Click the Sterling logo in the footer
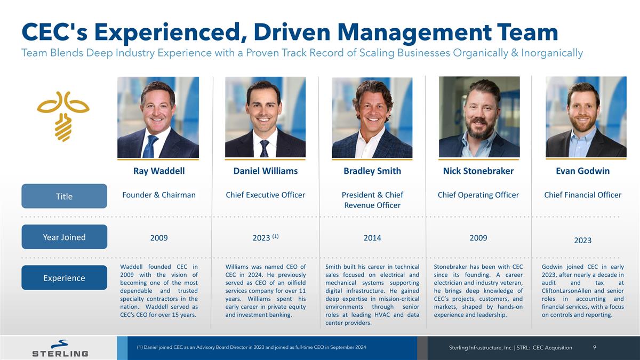pyautogui.click(x=60, y=348)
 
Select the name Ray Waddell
pyautogui.click(x=159, y=171)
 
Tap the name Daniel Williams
pyautogui.click(x=266, y=171)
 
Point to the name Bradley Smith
pyautogui.click(x=372, y=171)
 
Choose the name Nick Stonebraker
pyautogui.click(x=478, y=171)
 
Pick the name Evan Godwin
pyautogui.click(x=582, y=171)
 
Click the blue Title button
pyautogui.click(x=64, y=196)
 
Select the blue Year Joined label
pyautogui.click(x=64, y=237)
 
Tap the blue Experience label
pyautogui.click(x=64, y=278)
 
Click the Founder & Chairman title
pyautogui.click(x=159, y=195)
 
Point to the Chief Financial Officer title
pyautogui.click(x=582, y=195)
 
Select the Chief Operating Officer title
pyautogui.click(x=478, y=195)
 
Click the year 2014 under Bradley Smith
pyautogui.click(x=372, y=238)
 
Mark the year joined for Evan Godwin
pyautogui.click(x=582, y=241)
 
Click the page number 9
pyautogui.click(x=595, y=347)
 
